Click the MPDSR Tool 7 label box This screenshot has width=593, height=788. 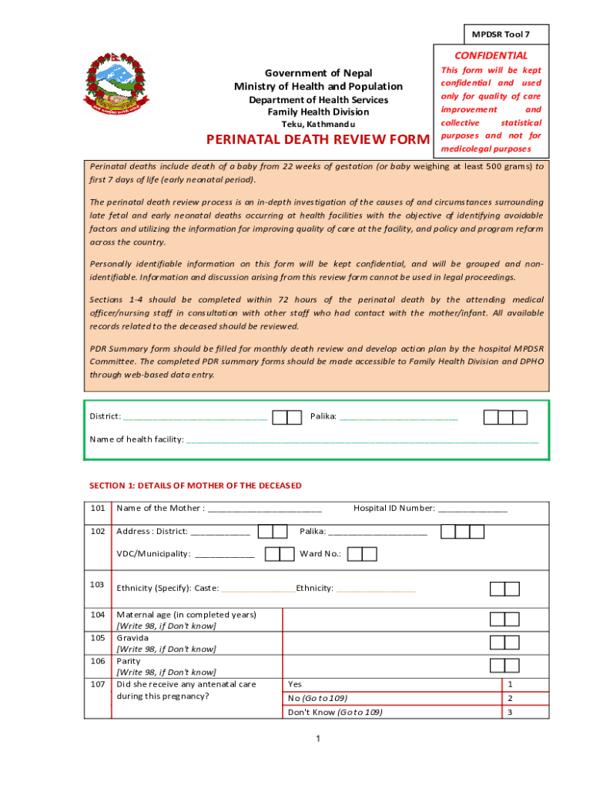click(x=506, y=35)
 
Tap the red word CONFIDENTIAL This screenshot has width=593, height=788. click(x=491, y=55)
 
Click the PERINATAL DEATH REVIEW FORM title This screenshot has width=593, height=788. click(x=316, y=140)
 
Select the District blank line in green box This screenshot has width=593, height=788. click(x=195, y=417)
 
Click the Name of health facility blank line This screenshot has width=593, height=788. click(x=362, y=440)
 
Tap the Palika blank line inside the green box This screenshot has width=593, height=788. click(x=398, y=417)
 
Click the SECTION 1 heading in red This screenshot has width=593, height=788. click(x=195, y=486)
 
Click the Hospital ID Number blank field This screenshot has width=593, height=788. click(x=473, y=509)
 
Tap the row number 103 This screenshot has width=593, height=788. click(x=98, y=585)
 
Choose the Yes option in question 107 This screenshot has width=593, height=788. click(x=295, y=683)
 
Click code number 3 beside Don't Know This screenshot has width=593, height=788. click(x=509, y=713)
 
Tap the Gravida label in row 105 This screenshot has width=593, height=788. click(x=132, y=638)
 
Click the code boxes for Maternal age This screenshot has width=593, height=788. click(x=505, y=619)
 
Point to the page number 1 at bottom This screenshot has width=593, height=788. click(x=317, y=740)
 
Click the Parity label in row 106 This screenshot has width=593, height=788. click(x=128, y=661)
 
